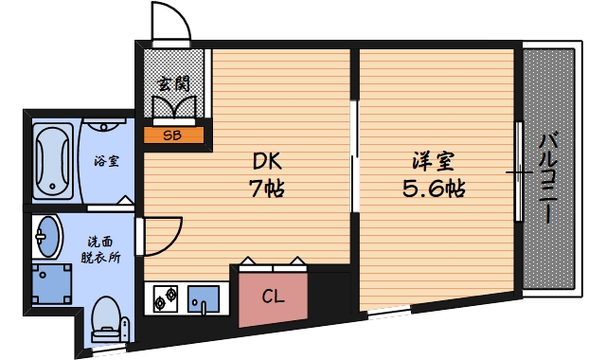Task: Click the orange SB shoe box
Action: pyautogui.click(x=173, y=135)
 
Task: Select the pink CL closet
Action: pyautogui.click(x=273, y=296)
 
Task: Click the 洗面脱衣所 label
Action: pyautogui.click(x=101, y=248)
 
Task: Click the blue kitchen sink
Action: pyautogui.click(x=203, y=299)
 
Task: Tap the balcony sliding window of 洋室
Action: pyautogui.click(x=518, y=171)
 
